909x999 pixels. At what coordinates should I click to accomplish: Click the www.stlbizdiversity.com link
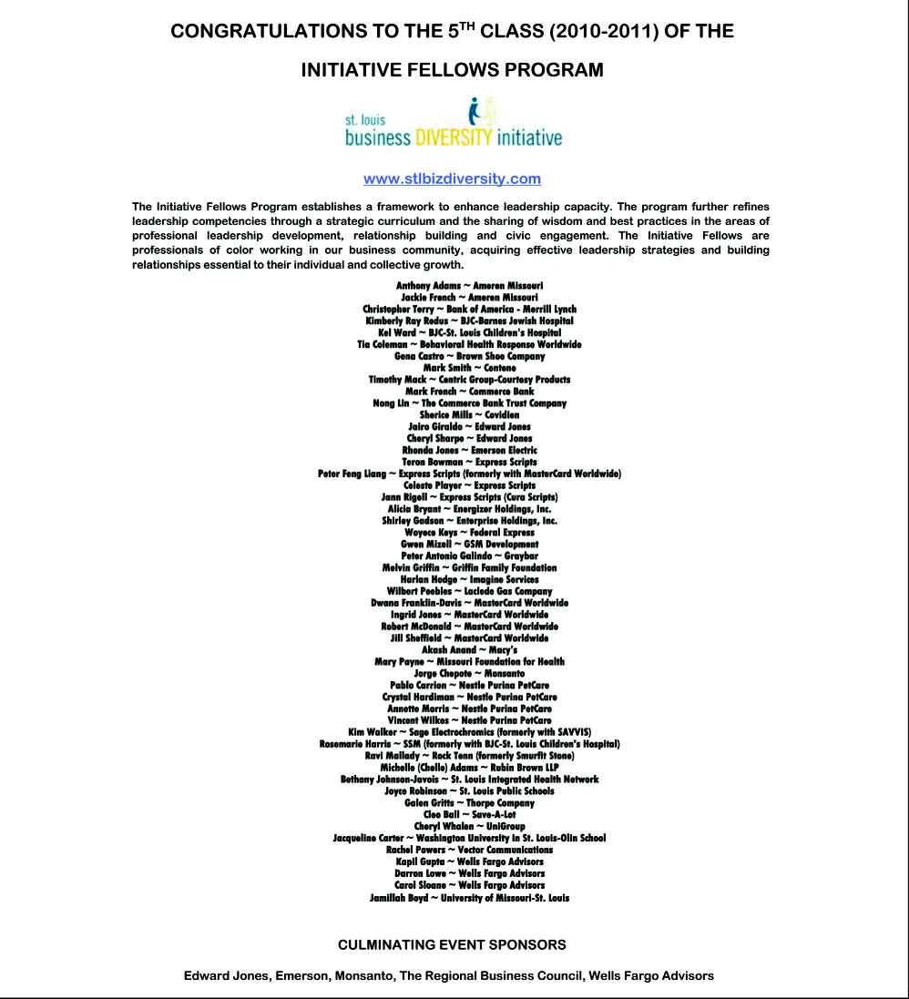click(x=452, y=178)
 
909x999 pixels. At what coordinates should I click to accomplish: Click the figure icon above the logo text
click(x=480, y=112)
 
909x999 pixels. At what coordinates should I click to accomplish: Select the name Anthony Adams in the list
click(x=428, y=285)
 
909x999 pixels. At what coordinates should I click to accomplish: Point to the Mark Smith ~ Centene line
click(x=469, y=368)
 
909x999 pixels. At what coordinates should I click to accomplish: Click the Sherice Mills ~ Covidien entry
click(x=469, y=414)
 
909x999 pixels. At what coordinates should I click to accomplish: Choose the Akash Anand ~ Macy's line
click(x=469, y=650)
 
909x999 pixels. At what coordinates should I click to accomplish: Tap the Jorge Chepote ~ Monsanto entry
click(x=469, y=674)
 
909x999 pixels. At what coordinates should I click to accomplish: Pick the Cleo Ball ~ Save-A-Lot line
click(x=469, y=814)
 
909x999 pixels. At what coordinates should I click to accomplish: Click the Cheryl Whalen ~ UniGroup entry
click(x=469, y=826)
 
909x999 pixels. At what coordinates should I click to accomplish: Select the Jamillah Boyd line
click(x=469, y=897)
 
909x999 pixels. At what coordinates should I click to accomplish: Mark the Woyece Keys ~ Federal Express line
click(x=469, y=533)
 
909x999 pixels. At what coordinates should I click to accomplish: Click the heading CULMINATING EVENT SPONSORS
click(x=452, y=944)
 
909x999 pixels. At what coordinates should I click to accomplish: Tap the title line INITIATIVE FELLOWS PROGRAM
click(x=452, y=70)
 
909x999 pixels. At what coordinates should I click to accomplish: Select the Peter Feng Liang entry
click(x=469, y=474)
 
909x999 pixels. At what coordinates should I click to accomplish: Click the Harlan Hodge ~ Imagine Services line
click(x=469, y=579)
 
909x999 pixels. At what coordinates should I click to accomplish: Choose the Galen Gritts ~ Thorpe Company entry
click(x=469, y=802)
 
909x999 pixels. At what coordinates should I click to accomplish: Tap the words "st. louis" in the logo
click(x=365, y=119)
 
